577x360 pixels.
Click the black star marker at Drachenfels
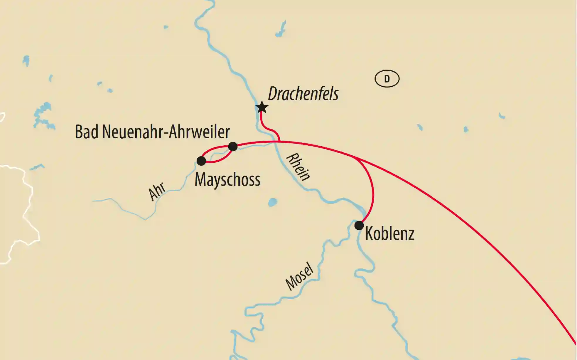click(262, 107)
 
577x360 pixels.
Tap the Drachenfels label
click(303, 94)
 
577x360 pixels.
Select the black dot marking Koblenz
click(359, 226)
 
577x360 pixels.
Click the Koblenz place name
click(390, 234)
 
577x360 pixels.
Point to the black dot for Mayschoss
click(201, 161)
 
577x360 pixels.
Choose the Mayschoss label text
click(227, 179)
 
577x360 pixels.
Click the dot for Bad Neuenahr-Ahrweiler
click(233, 146)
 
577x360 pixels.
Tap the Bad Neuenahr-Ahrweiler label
click(152, 132)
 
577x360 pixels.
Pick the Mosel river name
click(300, 277)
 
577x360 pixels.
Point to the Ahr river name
click(157, 191)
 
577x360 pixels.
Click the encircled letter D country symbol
click(387, 79)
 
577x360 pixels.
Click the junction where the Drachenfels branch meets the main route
click(279, 142)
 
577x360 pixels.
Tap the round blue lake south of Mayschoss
click(272, 202)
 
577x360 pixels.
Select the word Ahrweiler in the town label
click(199, 132)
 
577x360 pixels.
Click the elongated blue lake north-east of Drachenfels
click(281, 29)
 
